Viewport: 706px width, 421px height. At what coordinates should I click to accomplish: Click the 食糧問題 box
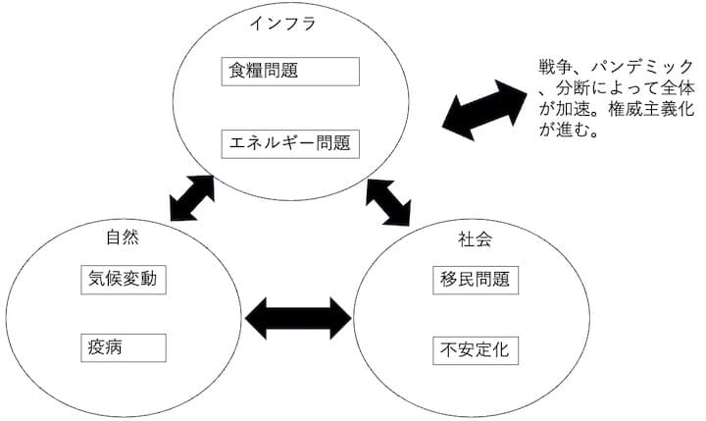pyautogui.click(x=289, y=71)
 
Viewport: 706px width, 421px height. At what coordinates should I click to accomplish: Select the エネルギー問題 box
pyautogui.click(x=289, y=144)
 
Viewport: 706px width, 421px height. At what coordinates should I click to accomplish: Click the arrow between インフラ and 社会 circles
pyautogui.click(x=389, y=201)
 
